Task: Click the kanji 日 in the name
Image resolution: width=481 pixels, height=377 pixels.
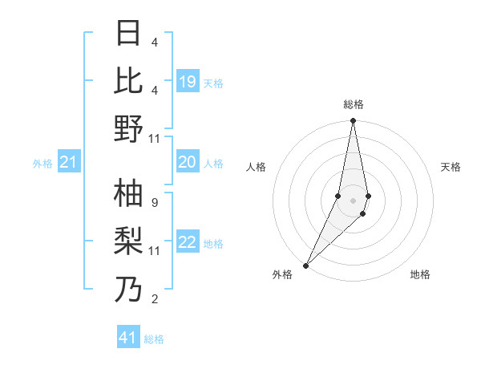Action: coord(128,34)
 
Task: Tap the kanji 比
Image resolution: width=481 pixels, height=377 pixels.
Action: coord(128,81)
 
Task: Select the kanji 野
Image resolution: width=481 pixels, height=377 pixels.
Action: coord(128,128)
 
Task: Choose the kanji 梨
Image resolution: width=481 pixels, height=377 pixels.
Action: coord(128,241)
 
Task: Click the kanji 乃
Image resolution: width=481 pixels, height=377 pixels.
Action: coord(128,290)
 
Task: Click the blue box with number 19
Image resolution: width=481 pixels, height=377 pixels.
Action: coord(188,82)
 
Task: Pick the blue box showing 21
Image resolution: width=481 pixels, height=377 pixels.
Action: coord(69,163)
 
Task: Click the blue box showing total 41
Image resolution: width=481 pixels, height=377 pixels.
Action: coord(128,338)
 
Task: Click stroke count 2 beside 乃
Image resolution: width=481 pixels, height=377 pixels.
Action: coord(154,299)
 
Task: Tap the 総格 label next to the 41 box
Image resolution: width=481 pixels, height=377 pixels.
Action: coord(154,339)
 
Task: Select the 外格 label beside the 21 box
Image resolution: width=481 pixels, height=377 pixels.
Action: coord(42,164)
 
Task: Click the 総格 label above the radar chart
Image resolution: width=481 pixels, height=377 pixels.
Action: coord(353,105)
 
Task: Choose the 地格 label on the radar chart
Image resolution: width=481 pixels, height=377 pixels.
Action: coord(420,275)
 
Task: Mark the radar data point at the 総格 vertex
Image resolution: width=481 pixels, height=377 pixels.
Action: coord(353,122)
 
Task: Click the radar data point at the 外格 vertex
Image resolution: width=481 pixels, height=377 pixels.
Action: coord(306,265)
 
